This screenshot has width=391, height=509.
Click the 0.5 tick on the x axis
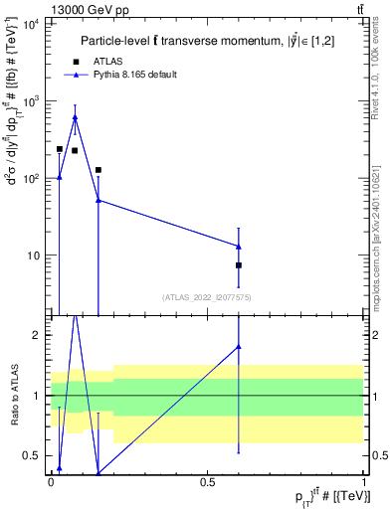coord(208,481)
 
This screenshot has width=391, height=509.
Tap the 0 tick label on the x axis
coord(52,481)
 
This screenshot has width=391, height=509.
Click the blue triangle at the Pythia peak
coord(75,117)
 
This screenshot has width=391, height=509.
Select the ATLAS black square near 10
coord(239,265)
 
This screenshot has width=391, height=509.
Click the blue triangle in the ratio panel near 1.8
coord(239,347)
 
